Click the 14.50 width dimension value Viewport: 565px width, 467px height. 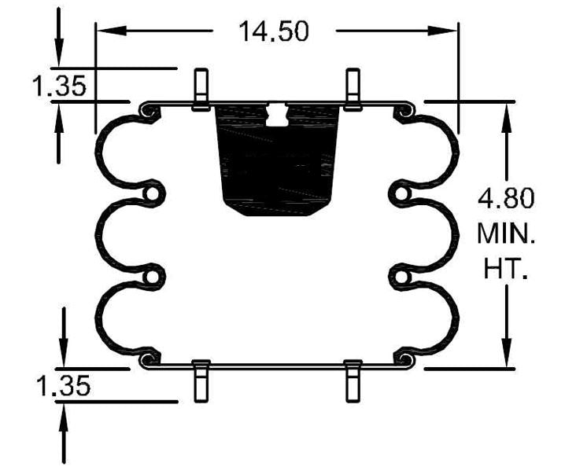(274, 31)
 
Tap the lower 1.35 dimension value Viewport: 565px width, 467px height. (62, 386)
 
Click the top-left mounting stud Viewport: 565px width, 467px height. (200, 86)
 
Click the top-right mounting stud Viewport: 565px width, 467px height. (353, 86)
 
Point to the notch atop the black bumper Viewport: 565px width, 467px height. (277, 115)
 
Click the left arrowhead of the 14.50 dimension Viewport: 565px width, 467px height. (107, 31)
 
